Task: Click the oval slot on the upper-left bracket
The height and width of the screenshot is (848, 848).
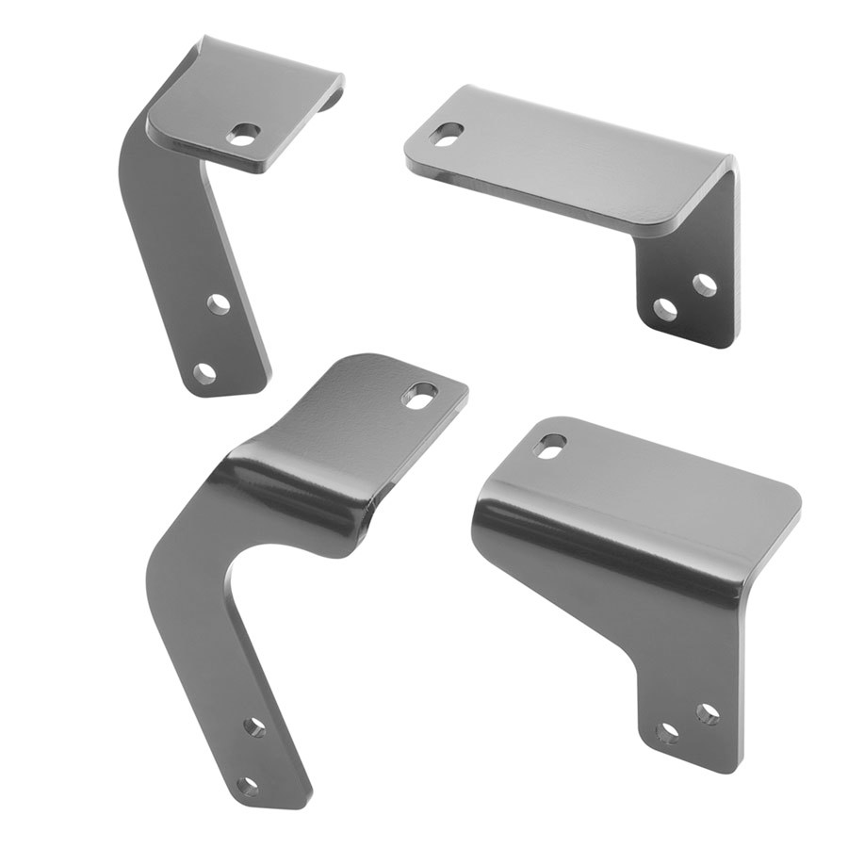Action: coord(243,135)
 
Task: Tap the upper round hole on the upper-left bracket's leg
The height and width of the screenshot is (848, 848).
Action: coord(218,303)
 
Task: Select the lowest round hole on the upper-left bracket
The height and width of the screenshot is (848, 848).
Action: coord(204,372)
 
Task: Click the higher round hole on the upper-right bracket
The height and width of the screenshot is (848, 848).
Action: coord(704,284)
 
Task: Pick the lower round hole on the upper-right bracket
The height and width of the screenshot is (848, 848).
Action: coord(666,309)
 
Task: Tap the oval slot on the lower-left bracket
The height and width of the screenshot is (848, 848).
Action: coord(419,395)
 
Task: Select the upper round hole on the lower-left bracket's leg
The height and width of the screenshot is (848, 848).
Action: coord(254,726)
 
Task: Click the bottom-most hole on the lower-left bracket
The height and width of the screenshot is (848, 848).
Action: coord(248,785)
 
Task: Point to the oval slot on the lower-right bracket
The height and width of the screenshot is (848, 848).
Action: coord(550,445)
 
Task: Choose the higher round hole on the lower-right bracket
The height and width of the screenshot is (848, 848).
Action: coord(708,713)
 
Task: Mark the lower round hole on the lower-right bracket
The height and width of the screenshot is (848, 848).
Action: coord(667,732)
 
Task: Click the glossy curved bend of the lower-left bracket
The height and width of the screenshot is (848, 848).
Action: coord(292,490)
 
